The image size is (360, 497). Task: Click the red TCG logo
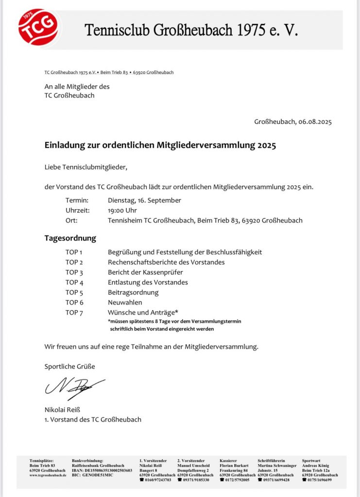coord(38,27)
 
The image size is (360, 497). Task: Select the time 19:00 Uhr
coord(122,211)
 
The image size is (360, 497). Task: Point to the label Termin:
coord(77,200)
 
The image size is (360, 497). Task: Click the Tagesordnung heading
coord(70,238)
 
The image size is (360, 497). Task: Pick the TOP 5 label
coord(74,293)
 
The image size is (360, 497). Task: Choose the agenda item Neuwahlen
coord(124,302)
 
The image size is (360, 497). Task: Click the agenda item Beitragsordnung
coord(133,293)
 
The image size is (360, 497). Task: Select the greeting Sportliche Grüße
coord(70,366)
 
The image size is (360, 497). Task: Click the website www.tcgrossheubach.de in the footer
coord(48,475)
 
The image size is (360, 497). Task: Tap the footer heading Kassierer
coord(228,461)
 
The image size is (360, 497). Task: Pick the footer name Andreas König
coord(316,465)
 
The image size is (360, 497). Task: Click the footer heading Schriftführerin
coord(271,461)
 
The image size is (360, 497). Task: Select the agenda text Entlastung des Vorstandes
coord(148,282)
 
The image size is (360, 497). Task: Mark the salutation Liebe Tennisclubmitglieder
coord(86,167)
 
